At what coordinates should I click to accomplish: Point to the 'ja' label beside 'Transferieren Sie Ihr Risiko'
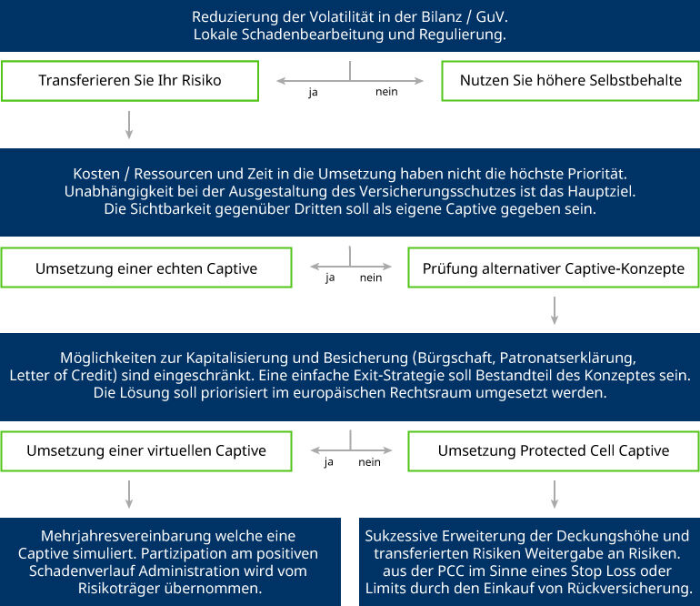pyautogui.click(x=313, y=92)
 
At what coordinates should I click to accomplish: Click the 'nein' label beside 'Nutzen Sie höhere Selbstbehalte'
pyautogui.click(x=386, y=92)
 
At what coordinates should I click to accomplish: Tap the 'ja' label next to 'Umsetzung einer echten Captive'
pyautogui.click(x=330, y=278)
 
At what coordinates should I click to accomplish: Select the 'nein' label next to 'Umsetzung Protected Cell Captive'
pyautogui.click(x=370, y=462)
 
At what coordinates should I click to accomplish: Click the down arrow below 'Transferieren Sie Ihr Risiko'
pyautogui.click(x=129, y=125)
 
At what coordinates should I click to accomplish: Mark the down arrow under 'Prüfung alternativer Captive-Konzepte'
pyautogui.click(x=555, y=310)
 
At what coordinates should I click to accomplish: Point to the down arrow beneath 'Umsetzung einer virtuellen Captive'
pyautogui.click(x=129, y=494)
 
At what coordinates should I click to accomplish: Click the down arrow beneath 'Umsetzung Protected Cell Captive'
pyautogui.click(x=555, y=494)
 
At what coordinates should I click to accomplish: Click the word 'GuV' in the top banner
pyautogui.click(x=490, y=17)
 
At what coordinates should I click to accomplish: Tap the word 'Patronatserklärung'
pyautogui.click(x=567, y=358)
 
